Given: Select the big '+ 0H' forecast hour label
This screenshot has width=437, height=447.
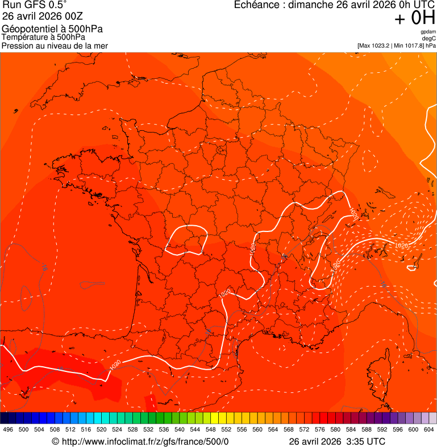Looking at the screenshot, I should pyautogui.click(x=415, y=18).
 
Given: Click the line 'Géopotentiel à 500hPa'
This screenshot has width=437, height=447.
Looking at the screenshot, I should pyautogui.click(x=52, y=29).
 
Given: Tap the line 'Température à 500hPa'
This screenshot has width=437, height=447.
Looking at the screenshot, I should pyautogui.click(x=44, y=37).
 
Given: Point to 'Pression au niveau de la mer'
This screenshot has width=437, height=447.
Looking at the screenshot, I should pyautogui.click(x=55, y=45).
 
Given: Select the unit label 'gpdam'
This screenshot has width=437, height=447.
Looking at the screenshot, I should pyautogui.click(x=428, y=32).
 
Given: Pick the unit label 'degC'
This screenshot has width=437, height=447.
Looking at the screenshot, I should pyautogui.click(x=429, y=38).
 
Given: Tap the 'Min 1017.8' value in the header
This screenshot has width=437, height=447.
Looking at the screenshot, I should pyautogui.click(x=409, y=45).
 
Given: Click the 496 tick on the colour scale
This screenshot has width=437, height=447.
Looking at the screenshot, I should pyautogui.click(x=8, y=430).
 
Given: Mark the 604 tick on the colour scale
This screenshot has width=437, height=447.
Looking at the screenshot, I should pyautogui.click(x=429, y=430).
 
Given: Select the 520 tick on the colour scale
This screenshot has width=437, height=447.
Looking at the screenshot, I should pyautogui.click(x=102, y=430).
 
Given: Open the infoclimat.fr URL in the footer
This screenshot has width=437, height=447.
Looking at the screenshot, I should pyautogui.click(x=144, y=441).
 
